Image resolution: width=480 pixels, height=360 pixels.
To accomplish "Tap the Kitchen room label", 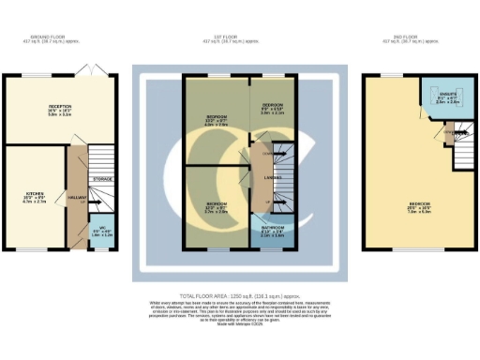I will point(34,197).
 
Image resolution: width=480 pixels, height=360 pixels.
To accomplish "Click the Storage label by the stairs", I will point(102,178).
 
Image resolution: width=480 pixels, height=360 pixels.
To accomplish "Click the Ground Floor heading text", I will point(46,39).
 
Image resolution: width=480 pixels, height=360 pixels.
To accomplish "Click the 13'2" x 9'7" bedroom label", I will point(217,121).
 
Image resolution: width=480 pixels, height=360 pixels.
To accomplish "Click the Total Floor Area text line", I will point(239,295).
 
